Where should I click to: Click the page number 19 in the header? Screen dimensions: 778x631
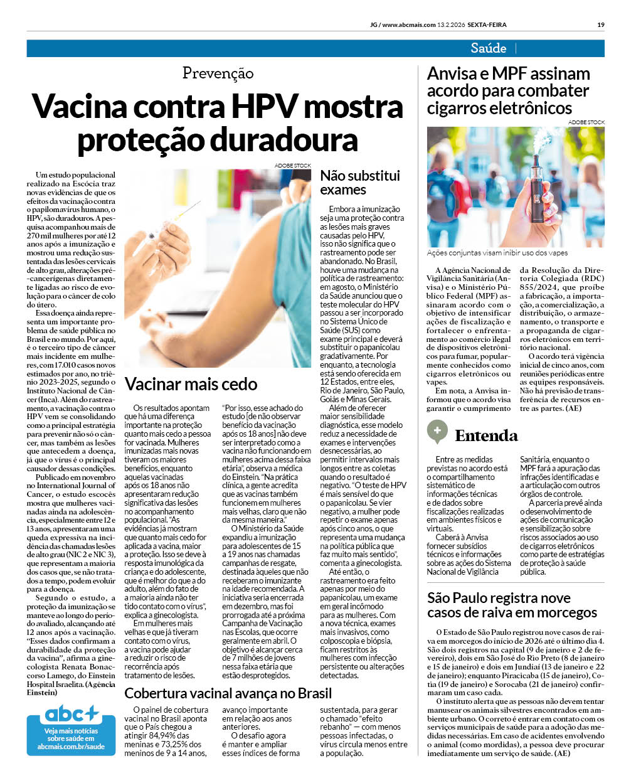pyautogui.click(x=600, y=25)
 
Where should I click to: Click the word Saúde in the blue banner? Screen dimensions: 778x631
pyautogui.click(x=488, y=48)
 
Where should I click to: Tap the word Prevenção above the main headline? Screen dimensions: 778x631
pyautogui.click(x=218, y=73)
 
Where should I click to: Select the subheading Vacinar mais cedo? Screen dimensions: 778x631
pyautogui.click(x=191, y=384)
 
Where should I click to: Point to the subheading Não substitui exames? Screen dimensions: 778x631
pyautogui.click(x=359, y=183)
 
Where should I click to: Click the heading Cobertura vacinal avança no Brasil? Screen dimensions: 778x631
pyautogui.click(x=228, y=693)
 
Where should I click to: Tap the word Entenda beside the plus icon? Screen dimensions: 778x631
pyautogui.click(x=486, y=435)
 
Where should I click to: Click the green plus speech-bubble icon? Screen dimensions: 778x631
pyautogui.click(x=437, y=432)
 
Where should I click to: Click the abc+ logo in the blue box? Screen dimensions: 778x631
pyautogui.click(x=71, y=714)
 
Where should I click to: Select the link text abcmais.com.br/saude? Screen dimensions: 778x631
pyautogui.click(x=71, y=747)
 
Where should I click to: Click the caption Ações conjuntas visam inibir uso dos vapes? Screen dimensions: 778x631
pyautogui.click(x=497, y=253)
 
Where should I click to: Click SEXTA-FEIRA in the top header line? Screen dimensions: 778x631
pyautogui.click(x=486, y=25)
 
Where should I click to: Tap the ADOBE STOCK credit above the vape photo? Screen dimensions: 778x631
pyautogui.click(x=586, y=122)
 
